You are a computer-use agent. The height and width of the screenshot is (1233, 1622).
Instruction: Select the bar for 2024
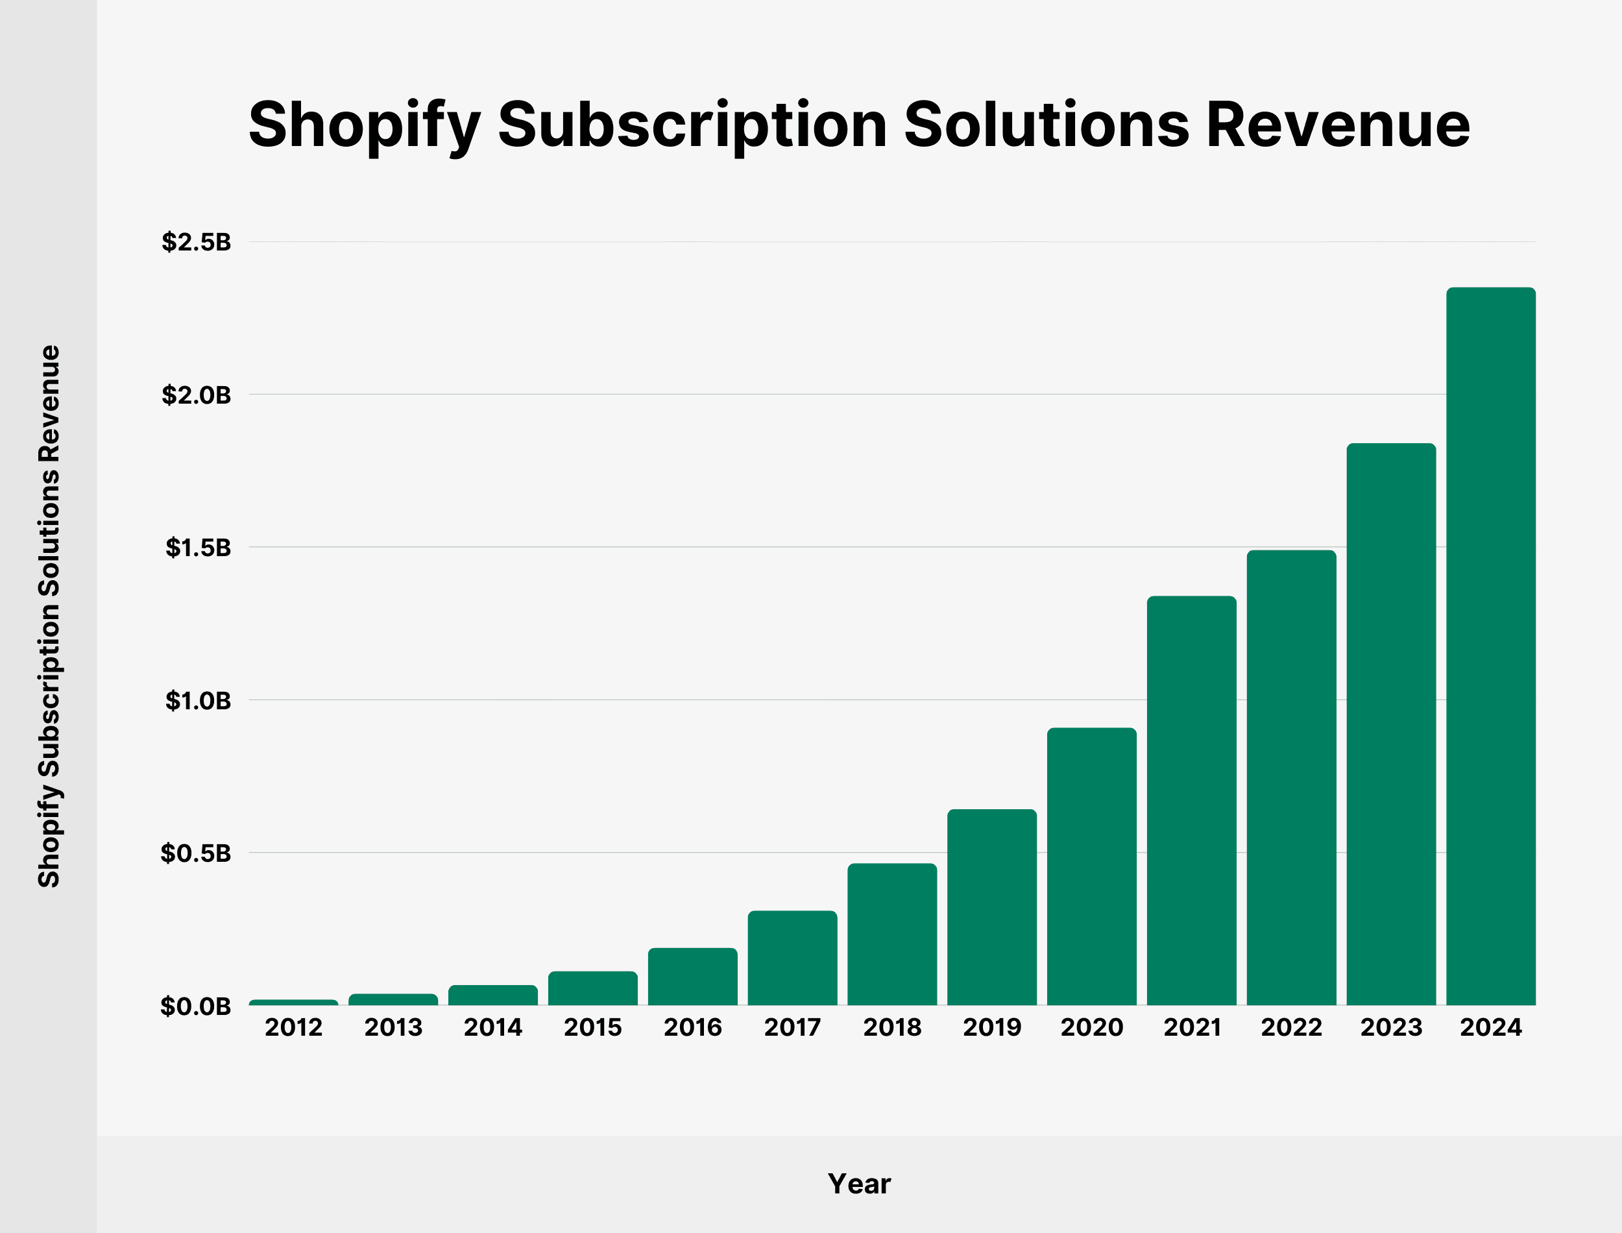pos(1491,646)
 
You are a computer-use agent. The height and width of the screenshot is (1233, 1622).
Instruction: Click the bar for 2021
pos(1191,800)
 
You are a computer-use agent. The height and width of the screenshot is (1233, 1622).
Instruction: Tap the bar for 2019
pos(992,907)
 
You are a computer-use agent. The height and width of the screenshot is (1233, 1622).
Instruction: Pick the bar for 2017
pos(792,958)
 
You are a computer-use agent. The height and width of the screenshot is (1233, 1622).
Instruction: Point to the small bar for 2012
pos(293,1002)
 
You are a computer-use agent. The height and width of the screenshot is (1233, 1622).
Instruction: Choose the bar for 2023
pos(1391,724)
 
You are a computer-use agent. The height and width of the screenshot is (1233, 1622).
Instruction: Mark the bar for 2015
pos(593,988)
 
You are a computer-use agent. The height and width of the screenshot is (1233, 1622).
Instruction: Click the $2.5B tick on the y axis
pos(196,241)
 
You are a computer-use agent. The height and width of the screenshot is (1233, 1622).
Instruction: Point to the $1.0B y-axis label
pos(197,700)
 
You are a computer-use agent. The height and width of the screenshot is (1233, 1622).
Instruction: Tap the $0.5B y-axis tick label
pos(196,853)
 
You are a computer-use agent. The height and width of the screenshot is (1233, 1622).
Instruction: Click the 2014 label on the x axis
pos(493,1027)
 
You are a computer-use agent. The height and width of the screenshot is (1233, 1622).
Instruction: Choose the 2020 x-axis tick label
pos(1091,1027)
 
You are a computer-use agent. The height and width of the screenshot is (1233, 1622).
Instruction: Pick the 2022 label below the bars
pos(1291,1027)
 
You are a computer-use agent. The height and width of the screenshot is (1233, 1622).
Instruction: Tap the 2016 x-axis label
pos(692,1027)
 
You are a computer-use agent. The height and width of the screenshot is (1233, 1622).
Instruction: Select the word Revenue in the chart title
pos(1337,125)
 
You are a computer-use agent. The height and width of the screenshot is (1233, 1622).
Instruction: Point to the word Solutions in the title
pos(1046,125)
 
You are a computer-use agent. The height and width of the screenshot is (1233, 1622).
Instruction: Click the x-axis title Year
pos(859,1184)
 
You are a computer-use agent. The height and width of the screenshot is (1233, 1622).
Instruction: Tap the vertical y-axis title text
pos(49,616)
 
